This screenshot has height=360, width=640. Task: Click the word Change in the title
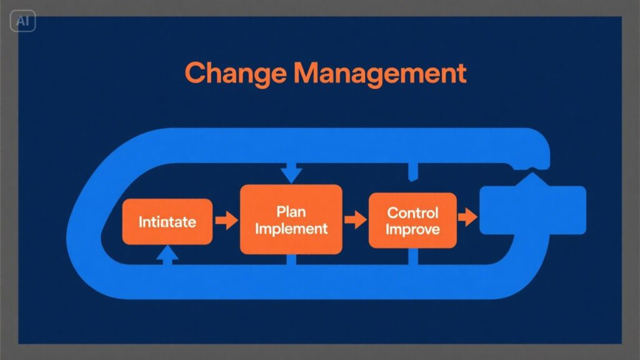tap(236, 74)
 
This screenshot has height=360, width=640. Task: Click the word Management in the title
tap(380, 73)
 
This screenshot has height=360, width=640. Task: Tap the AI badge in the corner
tap(23, 21)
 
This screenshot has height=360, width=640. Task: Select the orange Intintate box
tap(167, 222)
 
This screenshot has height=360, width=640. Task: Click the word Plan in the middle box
tap(291, 212)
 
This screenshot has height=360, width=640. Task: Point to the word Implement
tap(291, 229)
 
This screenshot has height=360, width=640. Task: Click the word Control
tap(412, 212)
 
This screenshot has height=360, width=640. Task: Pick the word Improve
tap(412, 229)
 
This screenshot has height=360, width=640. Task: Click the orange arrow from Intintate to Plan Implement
tap(226, 221)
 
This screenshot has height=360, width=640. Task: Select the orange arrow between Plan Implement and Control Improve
tap(356, 220)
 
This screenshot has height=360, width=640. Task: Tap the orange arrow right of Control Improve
tap(467, 217)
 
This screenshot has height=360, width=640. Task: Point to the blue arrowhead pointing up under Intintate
tap(167, 253)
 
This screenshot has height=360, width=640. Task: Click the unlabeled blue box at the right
tap(532, 210)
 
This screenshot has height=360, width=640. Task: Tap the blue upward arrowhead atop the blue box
tap(532, 179)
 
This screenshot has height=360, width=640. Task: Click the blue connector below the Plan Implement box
tap(291, 259)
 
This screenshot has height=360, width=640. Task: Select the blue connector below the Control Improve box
tap(413, 256)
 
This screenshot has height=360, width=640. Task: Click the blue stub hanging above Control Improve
tap(413, 171)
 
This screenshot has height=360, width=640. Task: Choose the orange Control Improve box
tap(412, 221)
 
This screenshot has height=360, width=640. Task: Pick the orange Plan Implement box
tap(291, 219)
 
